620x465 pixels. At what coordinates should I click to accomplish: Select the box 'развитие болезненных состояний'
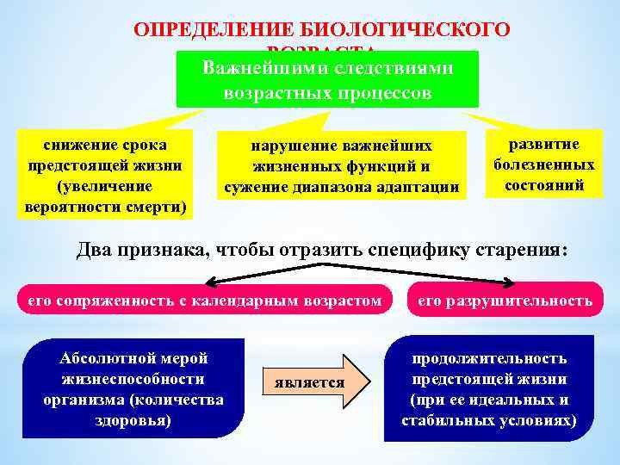pos(543,164)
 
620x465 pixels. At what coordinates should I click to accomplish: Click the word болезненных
pos(543,164)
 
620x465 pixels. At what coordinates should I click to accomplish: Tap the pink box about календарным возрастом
pos(203,301)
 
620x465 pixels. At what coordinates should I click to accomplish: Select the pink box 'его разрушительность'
pos(505,301)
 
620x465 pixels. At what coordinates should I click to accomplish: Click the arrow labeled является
pos(313,381)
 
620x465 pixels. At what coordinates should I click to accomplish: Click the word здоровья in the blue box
pos(133,420)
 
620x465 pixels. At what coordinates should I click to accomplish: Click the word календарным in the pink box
pos(230,301)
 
